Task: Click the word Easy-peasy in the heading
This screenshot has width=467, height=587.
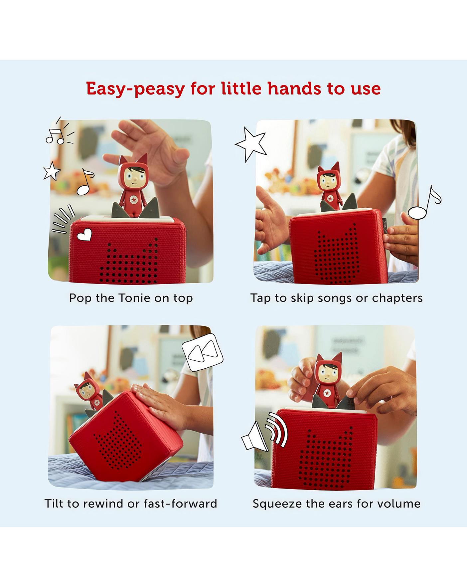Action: tap(135, 89)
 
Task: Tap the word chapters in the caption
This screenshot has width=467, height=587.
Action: tap(397, 298)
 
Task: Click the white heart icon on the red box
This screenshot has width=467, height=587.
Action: tap(84, 235)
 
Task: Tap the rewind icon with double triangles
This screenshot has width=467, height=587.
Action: tap(203, 352)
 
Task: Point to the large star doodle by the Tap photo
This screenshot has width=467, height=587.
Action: tap(251, 144)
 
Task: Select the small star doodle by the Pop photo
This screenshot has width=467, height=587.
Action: tap(52, 171)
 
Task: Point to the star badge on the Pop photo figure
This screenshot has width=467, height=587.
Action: tap(133, 200)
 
